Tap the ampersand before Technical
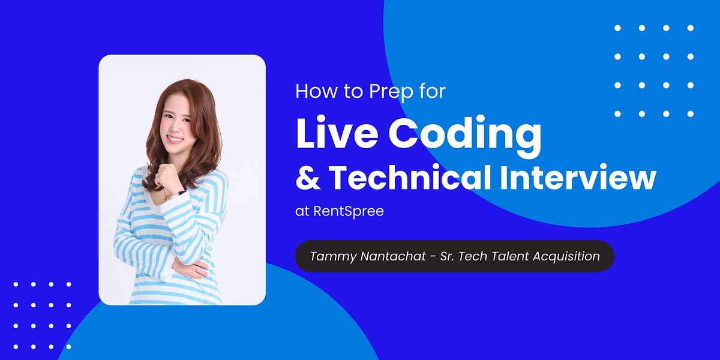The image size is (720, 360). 308,178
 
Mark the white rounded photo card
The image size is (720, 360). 182,180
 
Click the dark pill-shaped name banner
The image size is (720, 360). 455,256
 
